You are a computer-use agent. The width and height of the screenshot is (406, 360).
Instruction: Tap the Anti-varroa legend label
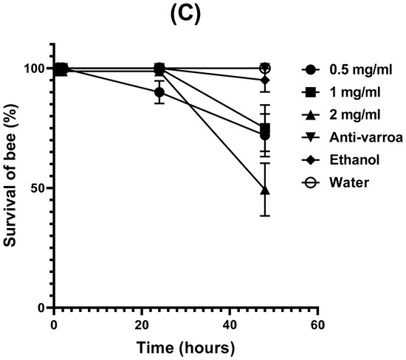pyautogui.click(x=366, y=137)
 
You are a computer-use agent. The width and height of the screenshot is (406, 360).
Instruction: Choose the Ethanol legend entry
pyautogui.click(x=354, y=159)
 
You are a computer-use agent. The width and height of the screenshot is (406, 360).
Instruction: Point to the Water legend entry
pyautogui.click(x=349, y=182)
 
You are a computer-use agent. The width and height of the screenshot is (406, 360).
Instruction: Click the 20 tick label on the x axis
pyautogui.click(x=142, y=325)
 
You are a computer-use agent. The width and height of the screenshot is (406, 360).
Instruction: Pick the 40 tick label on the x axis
pyautogui.click(x=230, y=325)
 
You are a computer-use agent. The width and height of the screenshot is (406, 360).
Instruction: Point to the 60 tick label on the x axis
pyautogui.click(x=317, y=325)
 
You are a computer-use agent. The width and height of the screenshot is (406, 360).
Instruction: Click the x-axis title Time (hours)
pyautogui.click(x=185, y=348)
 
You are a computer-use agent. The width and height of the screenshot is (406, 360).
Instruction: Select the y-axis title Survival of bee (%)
pyautogui.click(x=10, y=176)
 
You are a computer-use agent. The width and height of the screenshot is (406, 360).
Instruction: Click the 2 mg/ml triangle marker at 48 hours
pyautogui.click(x=265, y=190)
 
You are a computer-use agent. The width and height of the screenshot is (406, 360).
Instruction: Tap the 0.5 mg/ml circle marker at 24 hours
pyautogui.click(x=159, y=92)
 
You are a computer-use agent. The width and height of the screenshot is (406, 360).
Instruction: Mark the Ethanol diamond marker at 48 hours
pyautogui.click(x=265, y=80)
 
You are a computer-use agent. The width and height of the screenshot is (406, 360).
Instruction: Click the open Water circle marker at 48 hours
pyautogui.click(x=265, y=69)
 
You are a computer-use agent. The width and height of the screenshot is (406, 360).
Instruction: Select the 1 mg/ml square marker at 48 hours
pyautogui.click(x=265, y=128)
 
